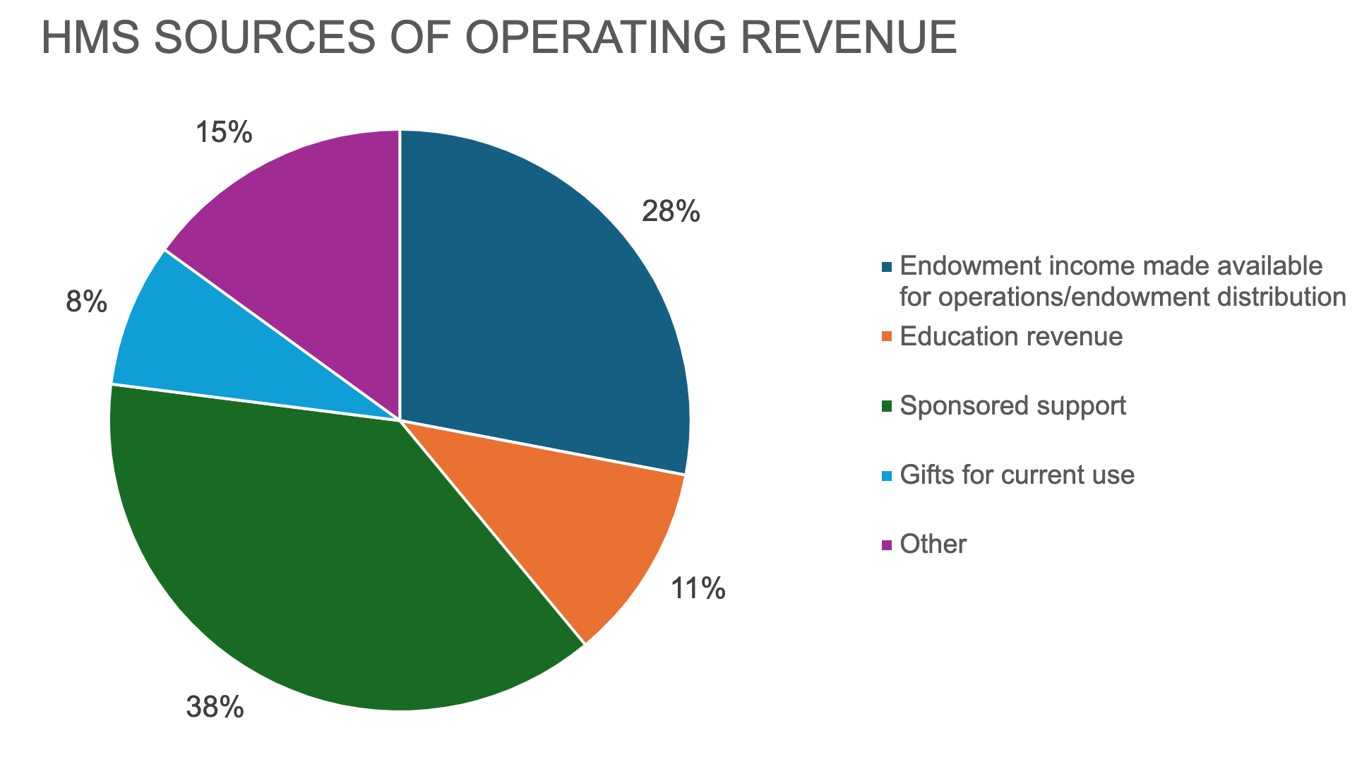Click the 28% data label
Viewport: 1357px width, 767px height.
tap(670, 211)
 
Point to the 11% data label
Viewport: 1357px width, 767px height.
tap(698, 588)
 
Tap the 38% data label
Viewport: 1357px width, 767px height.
tap(215, 707)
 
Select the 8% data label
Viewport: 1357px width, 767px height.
tap(86, 303)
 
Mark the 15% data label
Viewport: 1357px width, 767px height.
tap(223, 132)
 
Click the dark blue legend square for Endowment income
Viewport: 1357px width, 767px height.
tap(887, 267)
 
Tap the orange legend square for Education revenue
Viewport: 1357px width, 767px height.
tap(887, 337)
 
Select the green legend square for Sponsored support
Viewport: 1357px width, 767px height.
tap(887, 406)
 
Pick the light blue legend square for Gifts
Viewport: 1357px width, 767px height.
tap(887, 475)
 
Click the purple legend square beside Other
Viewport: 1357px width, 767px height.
tap(887, 545)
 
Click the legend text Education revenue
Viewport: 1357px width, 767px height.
tap(1011, 336)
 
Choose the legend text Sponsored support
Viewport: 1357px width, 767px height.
tap(1013, 405)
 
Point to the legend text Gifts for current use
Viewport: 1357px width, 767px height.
tap(1017, 475)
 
